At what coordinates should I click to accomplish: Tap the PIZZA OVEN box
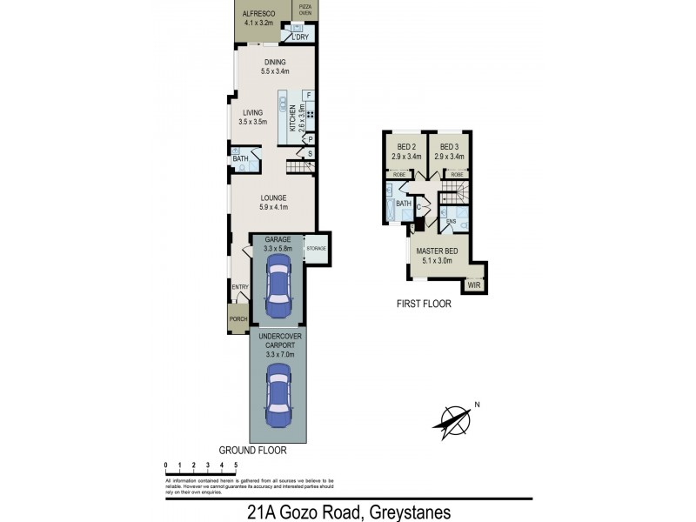click(304, 10)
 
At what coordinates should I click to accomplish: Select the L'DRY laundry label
click(301, 37)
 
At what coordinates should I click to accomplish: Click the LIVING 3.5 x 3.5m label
click(252, 117)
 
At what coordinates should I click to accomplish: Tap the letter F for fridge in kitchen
click(308, 94)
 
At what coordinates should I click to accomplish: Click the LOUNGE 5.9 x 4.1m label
click(272, 203)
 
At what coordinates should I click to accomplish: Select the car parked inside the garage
click(278, 291)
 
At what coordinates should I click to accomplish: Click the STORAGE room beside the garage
click(315, 249)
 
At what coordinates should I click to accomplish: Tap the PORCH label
click(238, 319)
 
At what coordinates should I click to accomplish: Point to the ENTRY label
click(238, 287)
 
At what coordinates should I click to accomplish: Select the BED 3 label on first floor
click(451, 151)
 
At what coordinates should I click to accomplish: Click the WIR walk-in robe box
click(474, 284)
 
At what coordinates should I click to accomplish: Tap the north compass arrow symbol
click(455, 421)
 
